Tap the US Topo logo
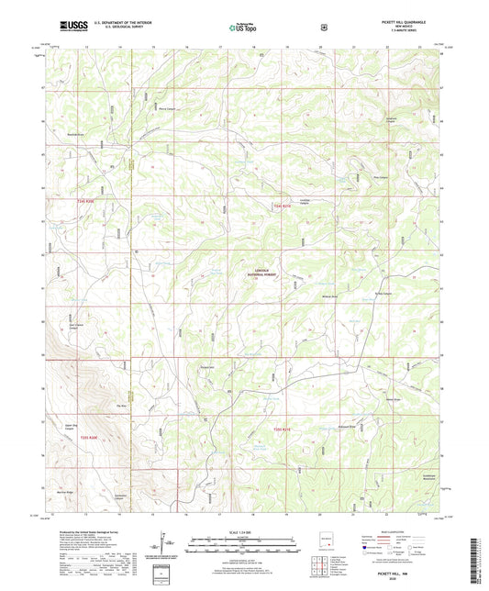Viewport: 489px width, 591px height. (x=243, y=28)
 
